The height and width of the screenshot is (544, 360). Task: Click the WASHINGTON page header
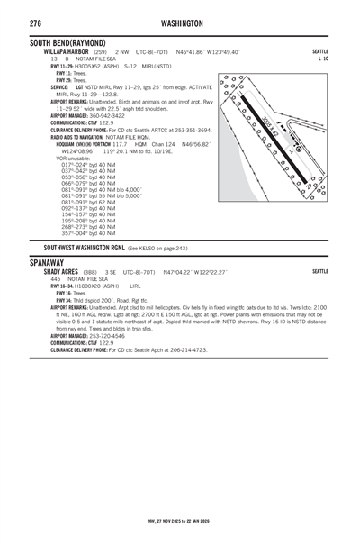tap(181, 23)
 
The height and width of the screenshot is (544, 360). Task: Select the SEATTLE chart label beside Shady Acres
tap(319, 271)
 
